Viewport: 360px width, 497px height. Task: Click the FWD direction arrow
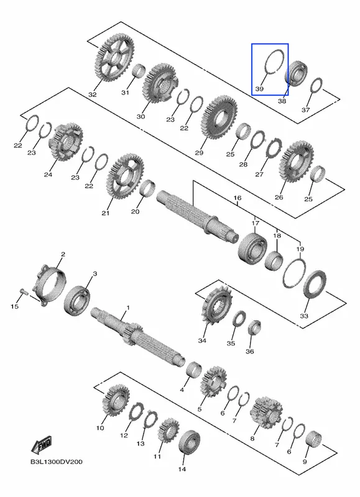(x=42, y=444)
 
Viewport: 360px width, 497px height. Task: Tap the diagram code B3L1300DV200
(x=57, y=462)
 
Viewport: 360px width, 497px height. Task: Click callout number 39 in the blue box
(x=259, y=89)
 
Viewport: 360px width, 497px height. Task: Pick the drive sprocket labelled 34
(x=216, y=306)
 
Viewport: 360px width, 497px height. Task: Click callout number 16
(x=238, y=198)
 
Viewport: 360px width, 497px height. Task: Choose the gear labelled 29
(x=219, y=117)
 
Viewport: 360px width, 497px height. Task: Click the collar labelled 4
(x=194, y=370)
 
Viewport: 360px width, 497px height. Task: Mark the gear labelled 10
(x=116, y=399)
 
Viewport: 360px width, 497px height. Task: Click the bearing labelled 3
(x=77, y=301)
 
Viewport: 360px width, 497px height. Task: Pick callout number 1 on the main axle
(x=128, y=308)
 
